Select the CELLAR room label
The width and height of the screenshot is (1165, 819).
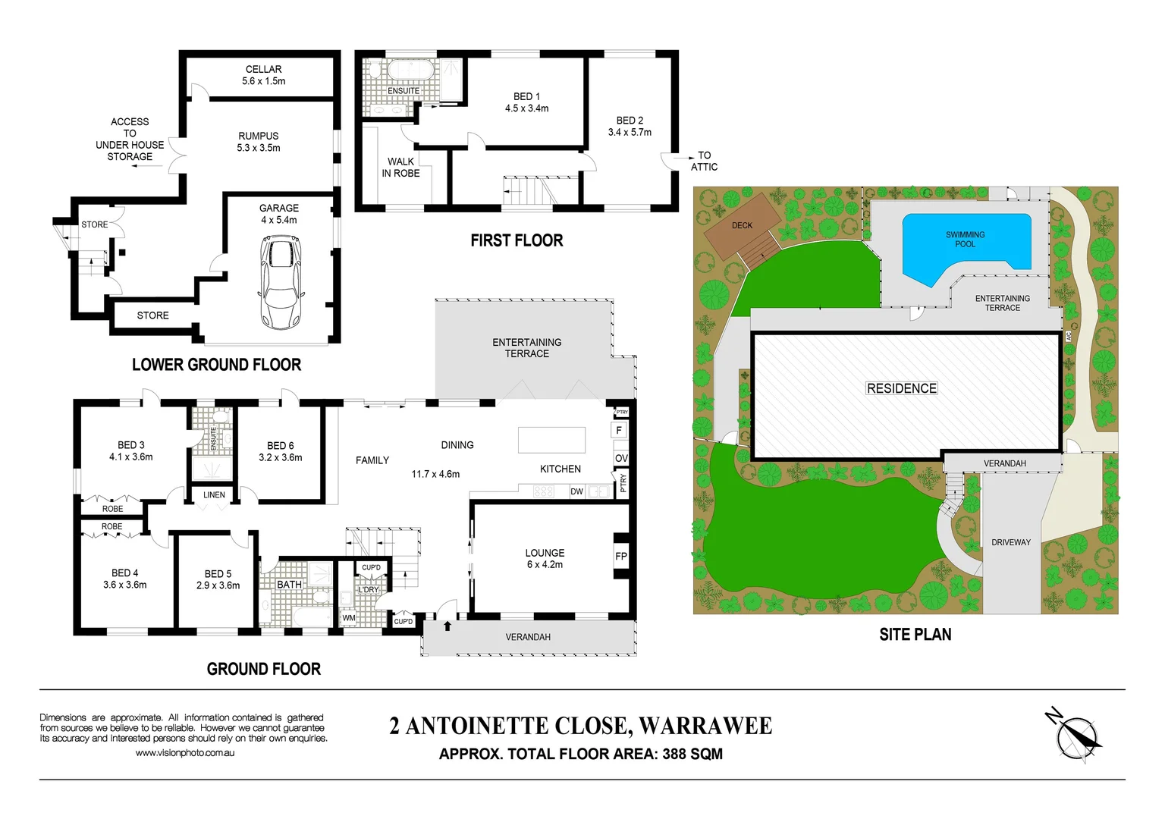coord(263,69)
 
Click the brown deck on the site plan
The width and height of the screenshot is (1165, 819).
coord(742,227)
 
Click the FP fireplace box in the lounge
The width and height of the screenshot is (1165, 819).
coord(621,557)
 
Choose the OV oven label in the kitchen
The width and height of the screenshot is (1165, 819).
coord(621,458)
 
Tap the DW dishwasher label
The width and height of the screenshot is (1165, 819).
coord(576,491)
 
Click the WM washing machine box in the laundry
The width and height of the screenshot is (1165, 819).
coord(348,618)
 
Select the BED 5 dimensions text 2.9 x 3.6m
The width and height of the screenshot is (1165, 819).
coord(218,585)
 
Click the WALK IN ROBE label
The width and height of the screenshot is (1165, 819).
coord(400,167)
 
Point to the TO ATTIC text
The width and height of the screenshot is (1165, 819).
coord(704,161)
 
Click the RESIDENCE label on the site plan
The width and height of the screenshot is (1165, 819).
coord(901,388)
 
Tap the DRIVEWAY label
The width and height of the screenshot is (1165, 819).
coord(1010,542)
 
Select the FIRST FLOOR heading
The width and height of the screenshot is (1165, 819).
coord(517,240)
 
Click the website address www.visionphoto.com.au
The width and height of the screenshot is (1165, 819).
coord(185,753)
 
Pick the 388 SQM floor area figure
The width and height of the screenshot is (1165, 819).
coord(692,754)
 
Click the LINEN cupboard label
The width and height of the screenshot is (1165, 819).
coord(214,494)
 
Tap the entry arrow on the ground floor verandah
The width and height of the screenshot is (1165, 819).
coord(447,626)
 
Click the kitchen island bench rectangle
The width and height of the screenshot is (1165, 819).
coord(551,440)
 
